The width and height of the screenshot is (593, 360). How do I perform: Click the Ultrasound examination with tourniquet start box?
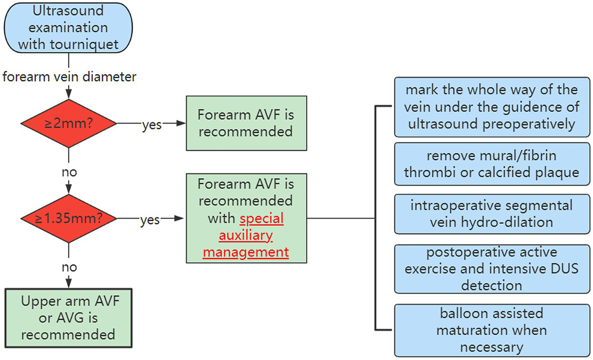point(68,28)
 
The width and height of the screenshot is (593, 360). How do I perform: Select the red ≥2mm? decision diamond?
point(68,124)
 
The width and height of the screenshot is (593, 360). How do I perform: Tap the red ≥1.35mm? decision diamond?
point(68,219)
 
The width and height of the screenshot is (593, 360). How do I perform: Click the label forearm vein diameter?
point(69,77)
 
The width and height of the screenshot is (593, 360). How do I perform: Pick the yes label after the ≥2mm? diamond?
point(151,125)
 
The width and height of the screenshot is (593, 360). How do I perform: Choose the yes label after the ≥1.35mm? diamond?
point(150,220)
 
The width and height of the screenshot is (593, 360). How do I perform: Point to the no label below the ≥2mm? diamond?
point(69,172)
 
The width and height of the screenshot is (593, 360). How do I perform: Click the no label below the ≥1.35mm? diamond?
point(69,267)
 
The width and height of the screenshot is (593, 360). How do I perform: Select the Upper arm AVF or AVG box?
point(68,318)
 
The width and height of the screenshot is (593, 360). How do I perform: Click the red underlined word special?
point(262,218)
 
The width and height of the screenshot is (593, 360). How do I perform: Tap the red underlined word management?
point(246,252)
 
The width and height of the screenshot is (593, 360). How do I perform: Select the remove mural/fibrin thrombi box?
point(491,164)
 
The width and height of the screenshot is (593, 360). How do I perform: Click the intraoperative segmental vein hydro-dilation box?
point(491,214)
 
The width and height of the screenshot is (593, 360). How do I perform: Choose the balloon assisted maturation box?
point(491,330)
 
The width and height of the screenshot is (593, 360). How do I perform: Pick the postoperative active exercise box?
point(491,269)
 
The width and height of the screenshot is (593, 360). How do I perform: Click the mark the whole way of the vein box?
point(491,107)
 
